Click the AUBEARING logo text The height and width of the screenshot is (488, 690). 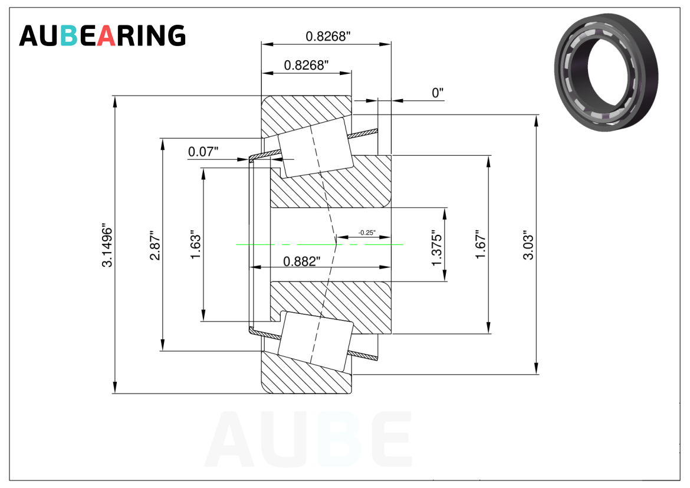(102, 35)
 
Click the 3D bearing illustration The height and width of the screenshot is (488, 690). (606, 72)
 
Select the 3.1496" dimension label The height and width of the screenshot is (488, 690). (107, 247)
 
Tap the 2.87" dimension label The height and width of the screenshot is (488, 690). (155, 245)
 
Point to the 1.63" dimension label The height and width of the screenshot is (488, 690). (195, 244)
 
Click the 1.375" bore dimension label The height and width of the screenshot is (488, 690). (436, 248)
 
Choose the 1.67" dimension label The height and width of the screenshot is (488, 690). (481, 244)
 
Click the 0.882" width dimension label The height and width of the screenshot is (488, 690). (302, 261)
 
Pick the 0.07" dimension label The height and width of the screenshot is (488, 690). (203, 152)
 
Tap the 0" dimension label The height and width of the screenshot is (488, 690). (438, 93)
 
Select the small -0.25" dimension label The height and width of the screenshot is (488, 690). (367, 232)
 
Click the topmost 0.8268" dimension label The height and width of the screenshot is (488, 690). (328, 36)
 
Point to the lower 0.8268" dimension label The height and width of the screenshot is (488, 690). (306, 65)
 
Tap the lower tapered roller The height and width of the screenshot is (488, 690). (316, 341)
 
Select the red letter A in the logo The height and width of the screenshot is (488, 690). (106, 35)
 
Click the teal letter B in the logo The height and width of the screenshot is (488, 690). (69, 35)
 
